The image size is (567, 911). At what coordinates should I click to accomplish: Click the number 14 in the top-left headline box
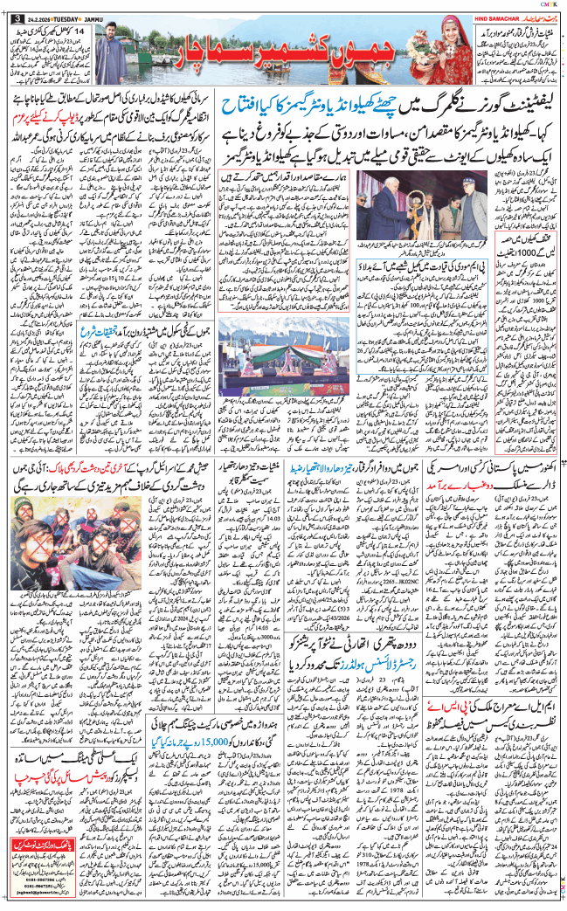[80, 31]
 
